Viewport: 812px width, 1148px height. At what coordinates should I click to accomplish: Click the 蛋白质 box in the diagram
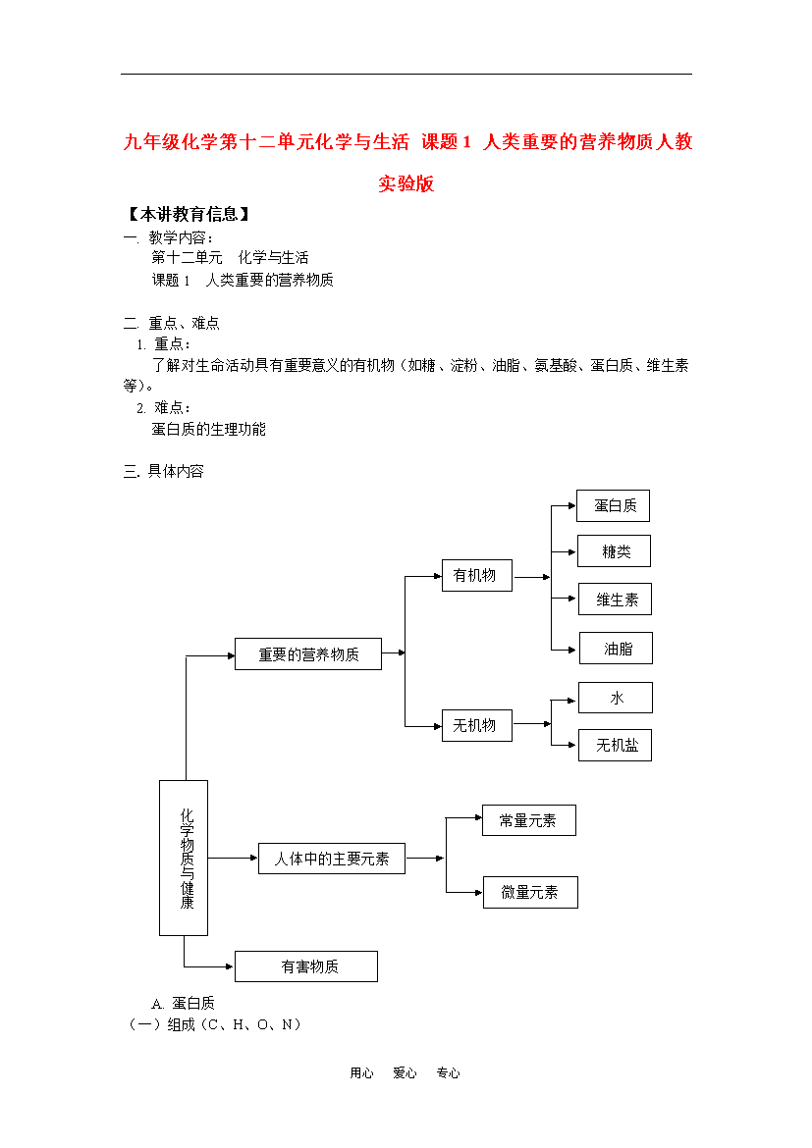click(613, 506)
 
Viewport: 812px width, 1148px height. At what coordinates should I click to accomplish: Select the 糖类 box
click(614, 551)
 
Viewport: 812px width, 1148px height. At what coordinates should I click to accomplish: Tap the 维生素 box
click(615, 599)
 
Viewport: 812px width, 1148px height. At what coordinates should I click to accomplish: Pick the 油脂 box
click(616, 648)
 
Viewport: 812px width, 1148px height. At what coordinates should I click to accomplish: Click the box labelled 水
click(616, 698)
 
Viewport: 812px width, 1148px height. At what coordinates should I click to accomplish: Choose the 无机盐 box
click(615, 746)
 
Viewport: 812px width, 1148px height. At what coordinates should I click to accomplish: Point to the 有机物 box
click(477, 575)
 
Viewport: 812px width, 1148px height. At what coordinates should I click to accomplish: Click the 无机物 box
click(477, 725)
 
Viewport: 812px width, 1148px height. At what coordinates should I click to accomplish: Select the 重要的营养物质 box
click(307, 653)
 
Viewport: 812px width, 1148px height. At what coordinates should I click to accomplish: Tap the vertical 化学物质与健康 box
click(184, 859)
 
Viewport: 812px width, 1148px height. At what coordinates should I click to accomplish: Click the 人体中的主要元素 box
click(332, 859)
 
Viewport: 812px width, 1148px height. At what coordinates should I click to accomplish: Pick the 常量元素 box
click(529, 820)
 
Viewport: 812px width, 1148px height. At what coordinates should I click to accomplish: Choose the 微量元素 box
click(530, 892)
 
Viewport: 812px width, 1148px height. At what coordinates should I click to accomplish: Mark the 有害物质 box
click(306, 966)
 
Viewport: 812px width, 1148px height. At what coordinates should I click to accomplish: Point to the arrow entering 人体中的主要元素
click(233, 858)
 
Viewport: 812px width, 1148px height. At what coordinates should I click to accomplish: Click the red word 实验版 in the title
click(406, 183)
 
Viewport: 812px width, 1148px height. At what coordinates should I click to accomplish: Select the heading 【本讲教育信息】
click(188, 215)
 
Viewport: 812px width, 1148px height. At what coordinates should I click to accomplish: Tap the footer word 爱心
click(405, 1072)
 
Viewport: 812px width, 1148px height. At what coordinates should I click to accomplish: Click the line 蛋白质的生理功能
click(209, 429)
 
